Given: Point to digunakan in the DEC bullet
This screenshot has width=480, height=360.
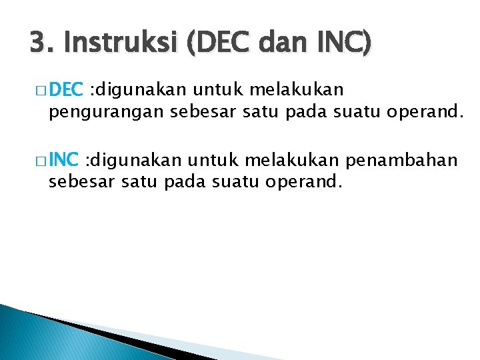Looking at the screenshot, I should [131, 89].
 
